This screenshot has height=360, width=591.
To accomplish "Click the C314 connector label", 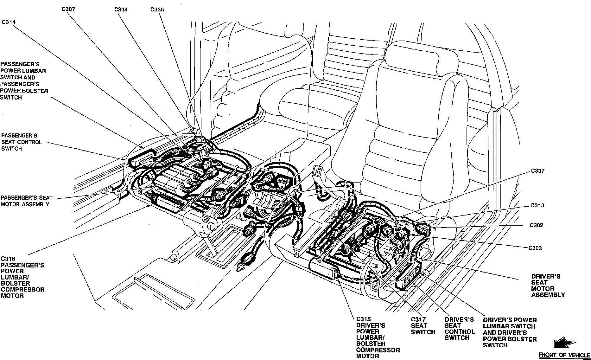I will (9, 22).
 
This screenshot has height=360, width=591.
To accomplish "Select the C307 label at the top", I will (68, 9).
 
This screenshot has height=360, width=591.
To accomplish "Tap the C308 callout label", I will (121, 10).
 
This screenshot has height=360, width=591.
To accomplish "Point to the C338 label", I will (157, 10).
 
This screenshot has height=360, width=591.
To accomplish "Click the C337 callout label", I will (537, 171).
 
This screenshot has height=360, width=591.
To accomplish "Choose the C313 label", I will (537, 205).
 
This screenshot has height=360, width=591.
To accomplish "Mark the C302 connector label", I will (536, 225).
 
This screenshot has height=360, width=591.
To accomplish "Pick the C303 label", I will (535, 248).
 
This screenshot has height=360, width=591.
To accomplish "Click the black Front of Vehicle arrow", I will (564, 344).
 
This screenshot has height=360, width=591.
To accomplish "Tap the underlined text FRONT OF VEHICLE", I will (564, 355).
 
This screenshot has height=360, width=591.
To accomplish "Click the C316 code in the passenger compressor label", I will (8, 259).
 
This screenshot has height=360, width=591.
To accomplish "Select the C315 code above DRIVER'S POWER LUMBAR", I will (363, 319).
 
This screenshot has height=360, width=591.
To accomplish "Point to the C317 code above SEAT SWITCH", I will (418, 319).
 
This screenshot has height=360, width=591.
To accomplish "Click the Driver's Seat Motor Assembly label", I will (548, 286).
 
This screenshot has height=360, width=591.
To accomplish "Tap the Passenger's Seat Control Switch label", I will (22, 142).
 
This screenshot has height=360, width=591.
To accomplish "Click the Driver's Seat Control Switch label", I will (460, 329).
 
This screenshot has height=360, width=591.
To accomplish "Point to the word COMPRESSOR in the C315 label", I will (378, 350).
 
